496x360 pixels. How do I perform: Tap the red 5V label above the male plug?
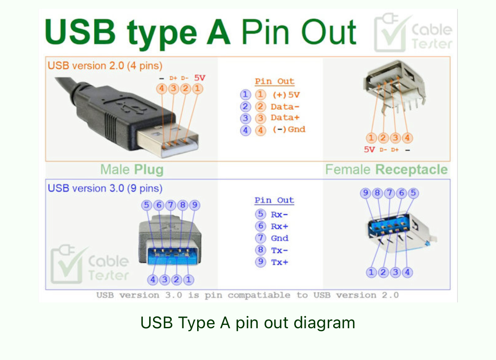[x=200, y=78]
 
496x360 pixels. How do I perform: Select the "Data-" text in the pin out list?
[x=285, y=107]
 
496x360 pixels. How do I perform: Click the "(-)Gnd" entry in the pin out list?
[x=289, y=130]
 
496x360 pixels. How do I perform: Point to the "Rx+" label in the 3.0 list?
[x=279, y=226]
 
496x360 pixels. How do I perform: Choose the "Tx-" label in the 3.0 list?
[x=279, y=250]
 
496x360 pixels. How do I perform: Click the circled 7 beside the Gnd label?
[x=261, y=238]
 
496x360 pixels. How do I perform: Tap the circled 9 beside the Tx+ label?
[x=261, y=262]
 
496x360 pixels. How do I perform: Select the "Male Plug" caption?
[x=132, y=170]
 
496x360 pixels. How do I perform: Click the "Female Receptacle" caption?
[x=386, y=170]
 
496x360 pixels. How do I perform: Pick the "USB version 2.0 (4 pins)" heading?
[x=105, y=66]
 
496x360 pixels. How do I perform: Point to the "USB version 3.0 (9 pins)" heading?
[x=105, y=188]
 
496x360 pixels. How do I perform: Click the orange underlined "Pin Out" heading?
[x=274, y=81]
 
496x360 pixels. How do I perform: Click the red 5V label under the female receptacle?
[x=370, y=150]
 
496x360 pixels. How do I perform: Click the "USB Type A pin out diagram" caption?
[x=248, y=323]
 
